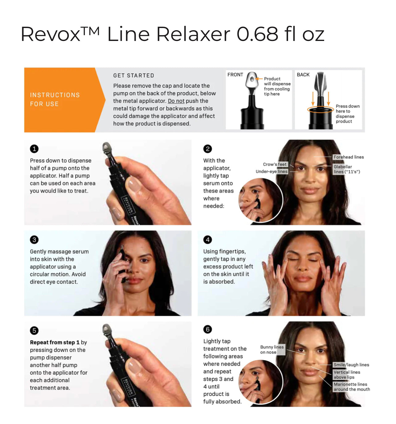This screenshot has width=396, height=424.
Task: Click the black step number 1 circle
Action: coord(34,149)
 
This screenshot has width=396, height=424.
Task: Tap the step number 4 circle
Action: coord(208,240)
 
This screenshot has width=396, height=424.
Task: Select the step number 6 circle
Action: coord(208,329)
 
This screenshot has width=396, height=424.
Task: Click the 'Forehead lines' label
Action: coord(349,157)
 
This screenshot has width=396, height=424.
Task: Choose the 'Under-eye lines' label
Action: coord(271,172)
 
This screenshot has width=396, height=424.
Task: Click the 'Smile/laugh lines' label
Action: coord(351,365)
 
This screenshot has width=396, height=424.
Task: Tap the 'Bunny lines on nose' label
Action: coord(272,349)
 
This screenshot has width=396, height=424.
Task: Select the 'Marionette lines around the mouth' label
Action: coord(352,387)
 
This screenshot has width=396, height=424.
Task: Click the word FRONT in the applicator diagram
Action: coord(235,75)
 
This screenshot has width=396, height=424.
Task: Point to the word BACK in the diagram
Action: coord(303,75)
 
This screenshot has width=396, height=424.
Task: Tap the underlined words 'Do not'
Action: coord(176,101)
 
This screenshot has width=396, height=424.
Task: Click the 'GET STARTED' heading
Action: coord(134,75)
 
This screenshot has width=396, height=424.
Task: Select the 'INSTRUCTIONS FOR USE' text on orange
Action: coord(55,99)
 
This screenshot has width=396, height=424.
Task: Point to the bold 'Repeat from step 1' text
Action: coord(55,342)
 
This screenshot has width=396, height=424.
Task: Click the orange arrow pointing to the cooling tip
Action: coord(259,79)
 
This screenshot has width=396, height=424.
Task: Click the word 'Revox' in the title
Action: coord(51,34)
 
